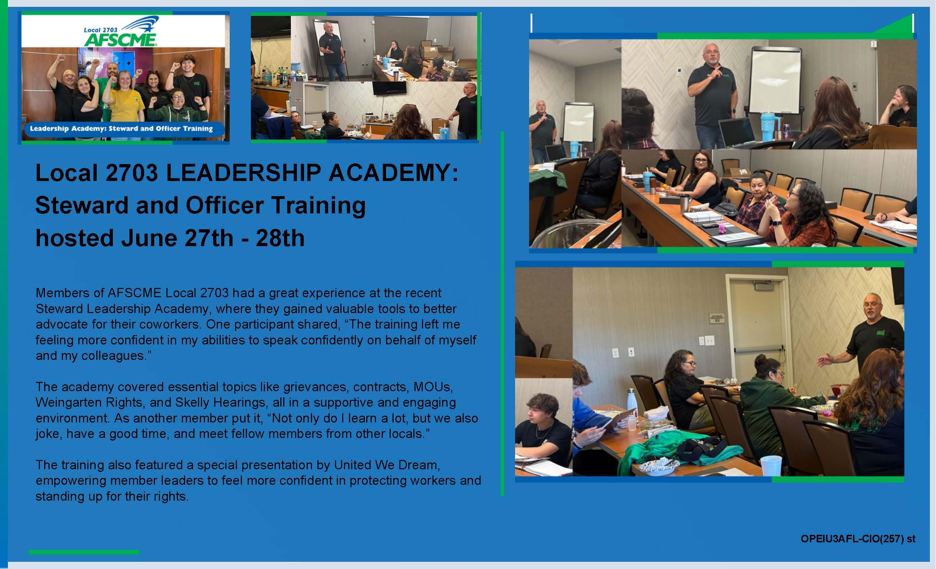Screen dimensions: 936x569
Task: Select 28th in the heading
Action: tap(280, 238)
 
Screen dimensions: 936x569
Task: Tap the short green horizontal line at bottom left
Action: tap(84, 552)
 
